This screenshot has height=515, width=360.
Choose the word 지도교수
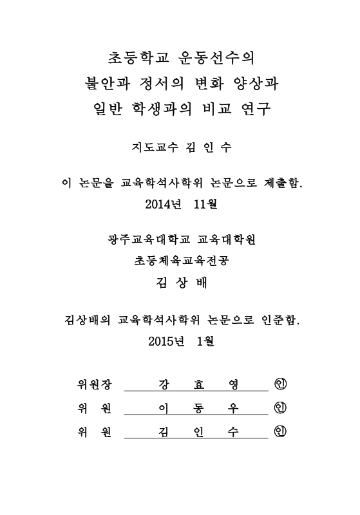pos(149,147)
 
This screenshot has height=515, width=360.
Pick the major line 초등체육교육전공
pos(180,261)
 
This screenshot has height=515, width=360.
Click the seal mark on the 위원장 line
pos(279,385)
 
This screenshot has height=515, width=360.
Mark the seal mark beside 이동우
pos(279,408)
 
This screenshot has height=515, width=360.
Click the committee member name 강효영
pos(197,385)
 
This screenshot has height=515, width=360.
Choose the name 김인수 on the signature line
pos(197,432)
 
